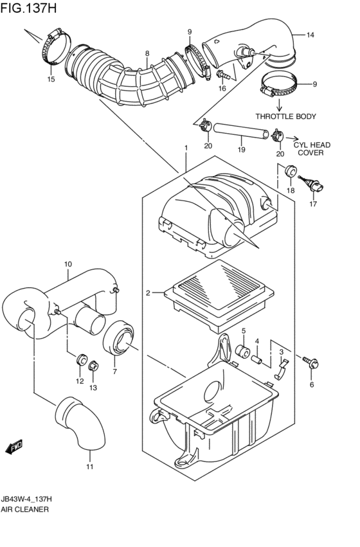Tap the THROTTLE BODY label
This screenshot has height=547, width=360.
click(x=285, y=116)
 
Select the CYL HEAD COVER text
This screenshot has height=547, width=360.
click(x=312, y=149)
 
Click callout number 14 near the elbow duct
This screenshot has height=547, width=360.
click(x=310, y=34)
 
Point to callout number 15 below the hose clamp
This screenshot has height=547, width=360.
click(x=51, y=80)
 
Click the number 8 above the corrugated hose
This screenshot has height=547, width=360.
click(x=147, y=53)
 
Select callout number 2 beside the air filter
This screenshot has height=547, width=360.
click(x=147, y=293)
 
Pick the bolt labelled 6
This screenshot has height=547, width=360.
click(x=312, y=364)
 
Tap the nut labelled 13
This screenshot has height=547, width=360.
click(x=94, y=366)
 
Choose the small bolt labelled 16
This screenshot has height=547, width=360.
click(x=222, y=76)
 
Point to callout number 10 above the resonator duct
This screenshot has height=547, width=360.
click(x=67, y=264)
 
